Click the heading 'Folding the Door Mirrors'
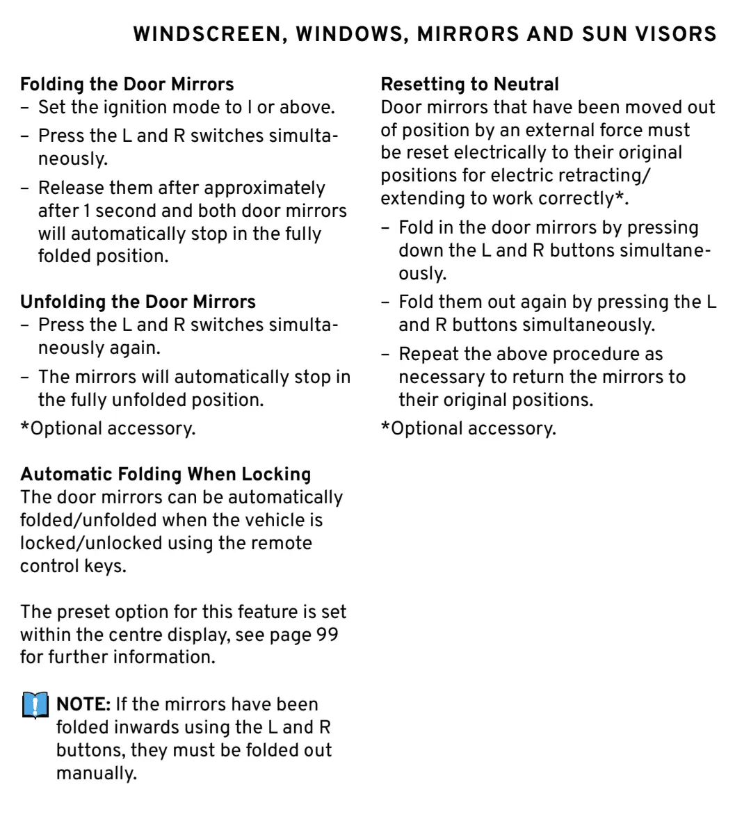(x=127, y=84)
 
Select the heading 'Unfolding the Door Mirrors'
(x=138, y=302)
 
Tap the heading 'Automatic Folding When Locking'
(x=165, y=474)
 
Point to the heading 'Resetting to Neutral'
(x=469, y=84)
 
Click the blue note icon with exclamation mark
(x=35, y=705)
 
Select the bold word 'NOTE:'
(x=83, y=704)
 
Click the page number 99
(x=327, y=635)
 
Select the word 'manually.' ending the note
(x=96, y=773)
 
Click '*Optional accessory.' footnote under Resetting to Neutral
(x=468, y=428)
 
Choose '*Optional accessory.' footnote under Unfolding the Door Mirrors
(x=108, y=428)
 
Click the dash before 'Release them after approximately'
(x=25, y=188)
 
